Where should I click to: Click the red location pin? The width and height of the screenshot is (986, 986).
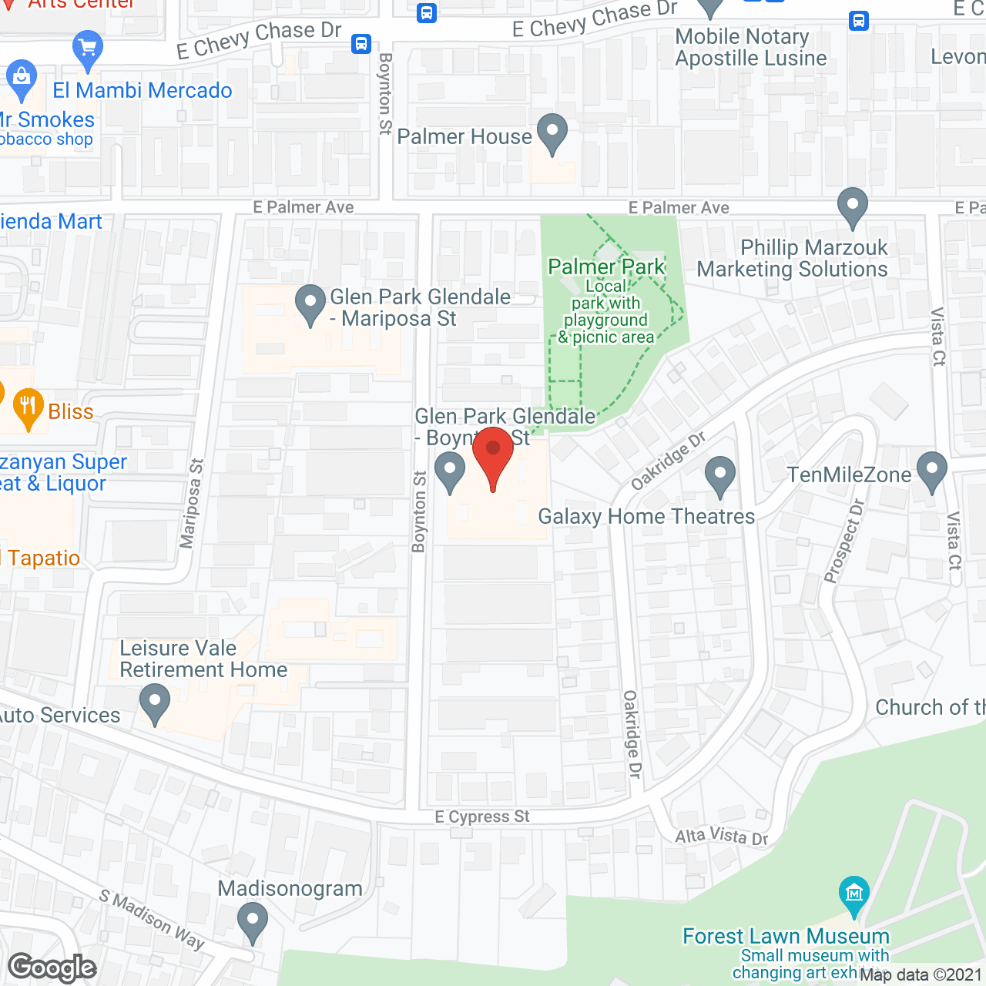pos(493,454)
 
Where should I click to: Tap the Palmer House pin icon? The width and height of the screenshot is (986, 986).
pos(552,132)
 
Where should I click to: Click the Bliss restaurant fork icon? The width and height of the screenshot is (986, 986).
pos(29,407)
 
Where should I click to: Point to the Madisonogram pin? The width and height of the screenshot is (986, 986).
pos(252,921)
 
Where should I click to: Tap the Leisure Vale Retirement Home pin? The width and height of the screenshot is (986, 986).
pos(155,703)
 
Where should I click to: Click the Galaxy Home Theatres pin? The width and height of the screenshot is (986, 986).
pos(719,475)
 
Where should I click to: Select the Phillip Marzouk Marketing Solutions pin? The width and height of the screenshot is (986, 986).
pos(852,206)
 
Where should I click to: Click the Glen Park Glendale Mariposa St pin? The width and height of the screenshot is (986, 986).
pos(310,303)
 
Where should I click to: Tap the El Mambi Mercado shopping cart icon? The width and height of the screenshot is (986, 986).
pos(87,49)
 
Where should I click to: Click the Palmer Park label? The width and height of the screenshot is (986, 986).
pos(606,267)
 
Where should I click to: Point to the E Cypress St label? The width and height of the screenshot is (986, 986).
pos(482,817)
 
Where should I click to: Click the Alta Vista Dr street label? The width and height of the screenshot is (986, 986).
pos(722,836)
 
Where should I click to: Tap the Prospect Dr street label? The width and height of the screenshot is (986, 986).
pos(844,541)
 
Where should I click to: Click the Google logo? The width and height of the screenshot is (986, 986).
pos(52,968)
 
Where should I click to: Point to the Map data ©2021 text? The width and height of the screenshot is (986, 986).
pos(921,974)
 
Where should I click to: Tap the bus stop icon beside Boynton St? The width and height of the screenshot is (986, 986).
pos(361,43)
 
